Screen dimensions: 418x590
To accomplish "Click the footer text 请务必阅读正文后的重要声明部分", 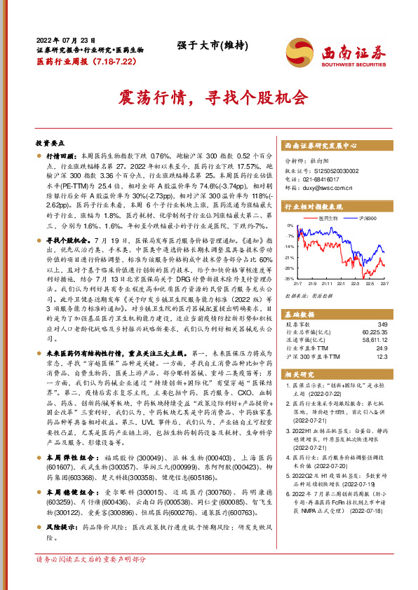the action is [91, 579].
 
